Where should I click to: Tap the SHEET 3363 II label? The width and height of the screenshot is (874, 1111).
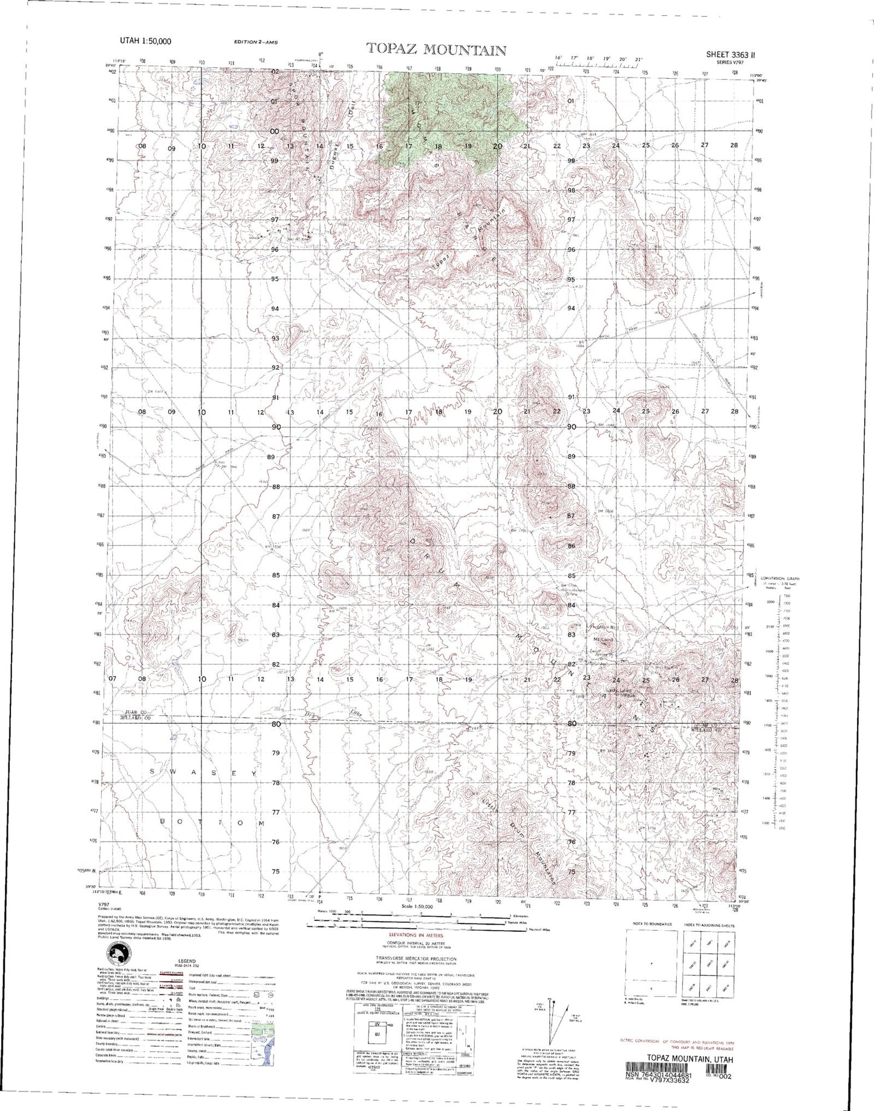point(730,54)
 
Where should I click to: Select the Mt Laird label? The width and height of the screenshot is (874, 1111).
point(604,640)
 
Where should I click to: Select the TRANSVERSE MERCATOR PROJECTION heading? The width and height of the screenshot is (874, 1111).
point(416,959)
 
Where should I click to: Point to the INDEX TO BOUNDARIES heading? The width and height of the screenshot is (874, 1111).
point(650,925)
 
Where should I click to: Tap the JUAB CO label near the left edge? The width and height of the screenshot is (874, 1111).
point(137,712)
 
